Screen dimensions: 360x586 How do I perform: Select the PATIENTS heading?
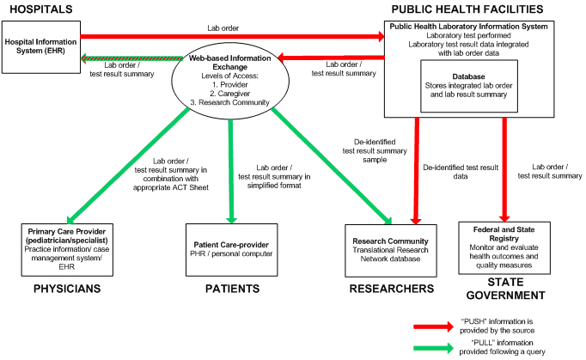[x=232, y=289]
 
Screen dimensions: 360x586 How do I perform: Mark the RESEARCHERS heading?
[x=390, y=289]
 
